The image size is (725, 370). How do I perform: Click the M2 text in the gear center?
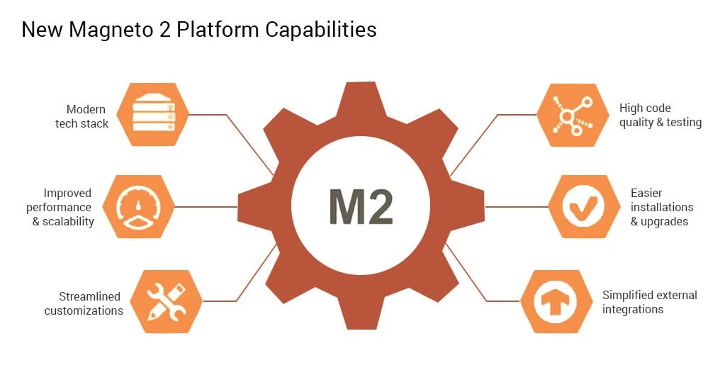[x=361, y=206]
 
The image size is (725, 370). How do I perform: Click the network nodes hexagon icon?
[x=571, y=115]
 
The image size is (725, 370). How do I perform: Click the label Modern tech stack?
[x=82, y=116]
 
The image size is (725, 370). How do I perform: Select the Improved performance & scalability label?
[x=60, y=207]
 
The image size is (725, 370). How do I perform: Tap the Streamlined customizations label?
[x=84, y=303]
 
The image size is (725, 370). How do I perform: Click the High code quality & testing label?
[x=660, y=116]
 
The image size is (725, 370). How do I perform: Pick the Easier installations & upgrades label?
[x=661, y=207]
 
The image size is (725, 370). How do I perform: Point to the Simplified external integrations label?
[x=649, y=302]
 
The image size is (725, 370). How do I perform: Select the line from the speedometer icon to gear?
[x=206, y=207]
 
